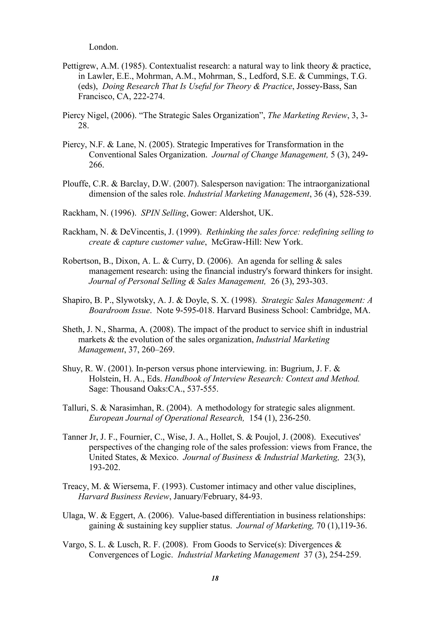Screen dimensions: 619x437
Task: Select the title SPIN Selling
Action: pos(164,213)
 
